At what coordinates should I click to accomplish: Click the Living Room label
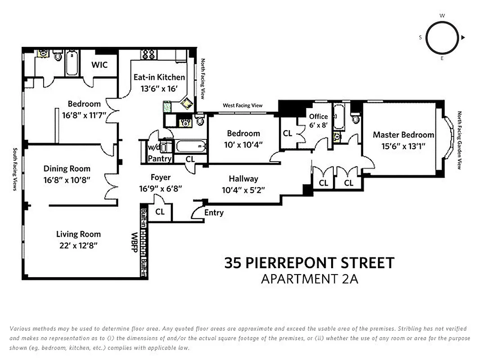coord(78,234)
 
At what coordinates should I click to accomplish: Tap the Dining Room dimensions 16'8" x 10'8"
coord(67,180)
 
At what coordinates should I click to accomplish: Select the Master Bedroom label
coord(403,135)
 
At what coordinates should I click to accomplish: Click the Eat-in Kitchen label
coord(159,77)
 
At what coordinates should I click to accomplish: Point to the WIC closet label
coord(99,65)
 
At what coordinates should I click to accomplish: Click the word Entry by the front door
coord(214,213)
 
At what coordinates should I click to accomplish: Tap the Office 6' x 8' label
coord(319,121)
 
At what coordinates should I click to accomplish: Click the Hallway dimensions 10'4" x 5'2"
coord(243,189)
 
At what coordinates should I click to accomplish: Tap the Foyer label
coord(161,178)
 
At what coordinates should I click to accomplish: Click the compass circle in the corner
coord(441,37)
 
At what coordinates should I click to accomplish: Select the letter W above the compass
coord(442,15)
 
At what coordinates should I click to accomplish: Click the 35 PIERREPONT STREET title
coord(310,263)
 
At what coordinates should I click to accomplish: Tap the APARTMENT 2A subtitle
coord(310,279)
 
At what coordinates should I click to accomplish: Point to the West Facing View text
coord(242,106)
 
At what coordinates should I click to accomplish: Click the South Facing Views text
coord(15,169)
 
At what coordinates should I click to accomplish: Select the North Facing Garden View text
coord(459,140)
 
